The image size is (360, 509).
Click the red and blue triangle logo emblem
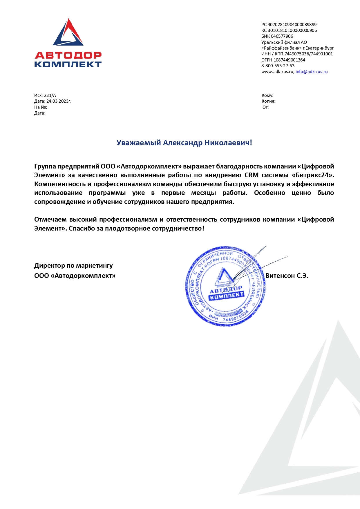pos(68,33)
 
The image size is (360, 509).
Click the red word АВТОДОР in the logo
pos(68,55)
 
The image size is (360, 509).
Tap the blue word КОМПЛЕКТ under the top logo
pos(68,64)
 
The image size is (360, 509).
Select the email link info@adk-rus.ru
pos(312,72)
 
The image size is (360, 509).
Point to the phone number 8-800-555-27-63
pos(278,66)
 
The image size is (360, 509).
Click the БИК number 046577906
pos(282,36)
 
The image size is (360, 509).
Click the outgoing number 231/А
pos(50,95)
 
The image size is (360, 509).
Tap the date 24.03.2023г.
pos(59,101)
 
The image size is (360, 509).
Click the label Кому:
pos(267,95)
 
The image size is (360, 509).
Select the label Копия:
pos(268,101)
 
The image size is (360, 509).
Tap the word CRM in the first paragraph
pos(251,175)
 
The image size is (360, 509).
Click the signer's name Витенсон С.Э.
pos(287,276)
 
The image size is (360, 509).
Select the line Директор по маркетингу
pos(73,266)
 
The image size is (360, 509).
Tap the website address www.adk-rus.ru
pos(277,72)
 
